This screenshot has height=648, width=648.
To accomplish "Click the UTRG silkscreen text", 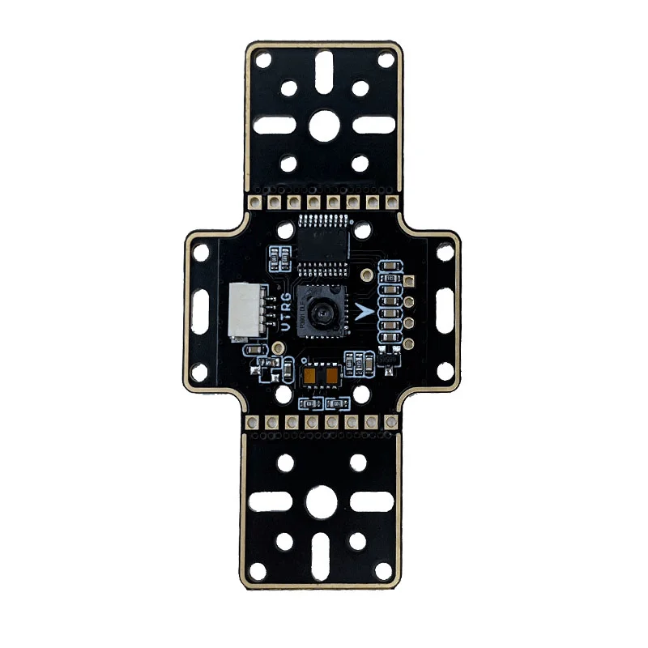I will tap(285, 313).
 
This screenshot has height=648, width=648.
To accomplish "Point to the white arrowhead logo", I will tap(361, 313).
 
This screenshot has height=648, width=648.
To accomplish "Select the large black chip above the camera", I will tap(325, 241).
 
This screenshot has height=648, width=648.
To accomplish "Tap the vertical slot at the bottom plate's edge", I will tap(324, 560).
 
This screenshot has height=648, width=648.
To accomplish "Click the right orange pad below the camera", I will tap(334, 377).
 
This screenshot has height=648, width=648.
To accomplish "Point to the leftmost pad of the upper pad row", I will tap(254, 199).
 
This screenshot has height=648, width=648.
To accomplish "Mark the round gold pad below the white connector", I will tap(278, 347).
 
